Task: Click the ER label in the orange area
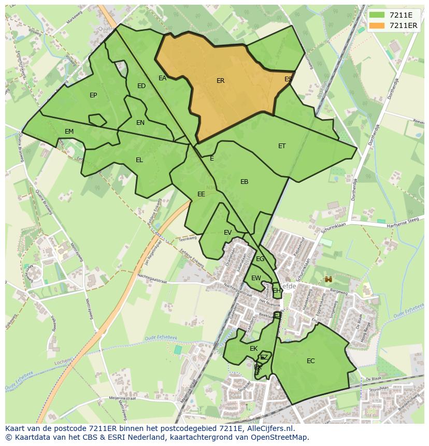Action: click(x=220, y=81)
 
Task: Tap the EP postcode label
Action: click(x=93, y=95)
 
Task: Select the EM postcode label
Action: click(x=69, y=132)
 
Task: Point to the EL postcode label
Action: click(x=139, y=160)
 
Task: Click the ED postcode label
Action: click(x=141, y=86)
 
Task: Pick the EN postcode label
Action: click(x=140, y=123)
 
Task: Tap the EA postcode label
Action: click(x=162, y=78)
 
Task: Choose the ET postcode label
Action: click(x=282, y=146)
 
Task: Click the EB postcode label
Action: click(x=244, y=182)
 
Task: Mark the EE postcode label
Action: click(x=201, y=194)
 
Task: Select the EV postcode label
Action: click(x=227, y=233)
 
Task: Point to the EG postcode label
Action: click(x=260, y=259)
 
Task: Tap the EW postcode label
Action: click(x=256, y=278)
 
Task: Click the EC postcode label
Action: click(x=310, y=361)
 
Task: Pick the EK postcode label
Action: click(x=253, y=349)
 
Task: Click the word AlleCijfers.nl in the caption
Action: click(x=269, y=428)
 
